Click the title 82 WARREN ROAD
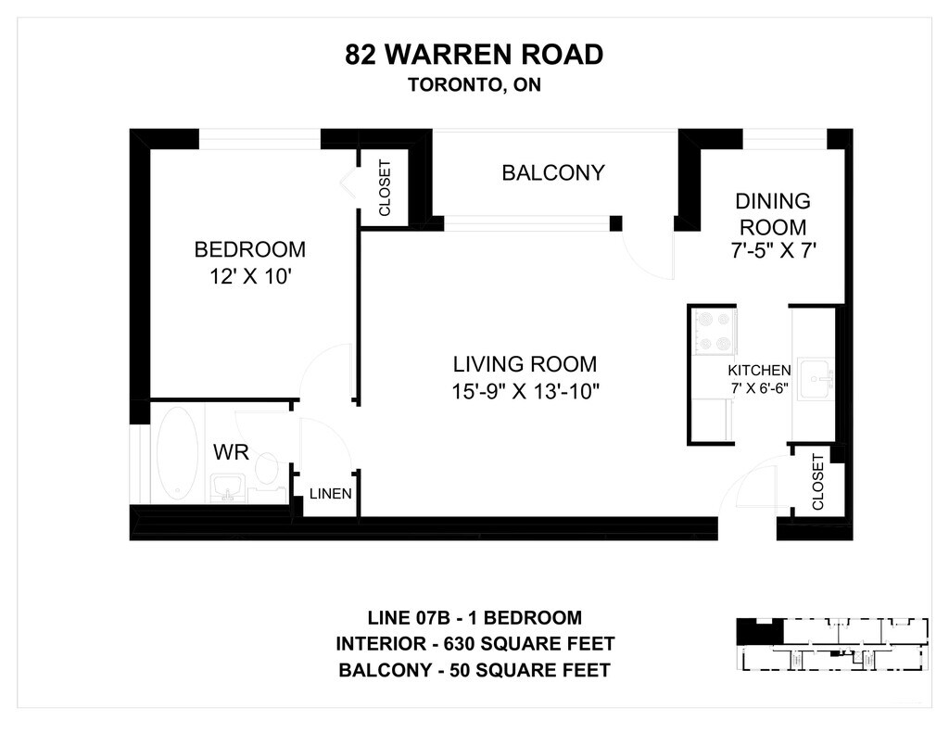click(x=474, y=55)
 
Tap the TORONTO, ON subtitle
click(x=474, y=84)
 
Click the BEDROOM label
click(x=250, y=249)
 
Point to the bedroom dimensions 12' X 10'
click(x=251, y=277)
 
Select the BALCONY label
click(x=553, y=173)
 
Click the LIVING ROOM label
click(x=525, y=364)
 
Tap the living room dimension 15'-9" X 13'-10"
click(x=525, y=392)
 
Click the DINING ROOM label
click(x=773, y=214)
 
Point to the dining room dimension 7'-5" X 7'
click(x=774, y=250)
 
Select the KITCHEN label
click(x=759, y=371)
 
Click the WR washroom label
click(x=231, y=452)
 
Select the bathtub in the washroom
click(x=177, y=453)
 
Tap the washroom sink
click(x=228, y=487)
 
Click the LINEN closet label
click(x=331, y=494)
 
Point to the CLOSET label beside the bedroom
click(x=385, y=188)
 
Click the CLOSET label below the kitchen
click(x=817, y=483)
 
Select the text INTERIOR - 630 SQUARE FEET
click(x=475, y=643)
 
